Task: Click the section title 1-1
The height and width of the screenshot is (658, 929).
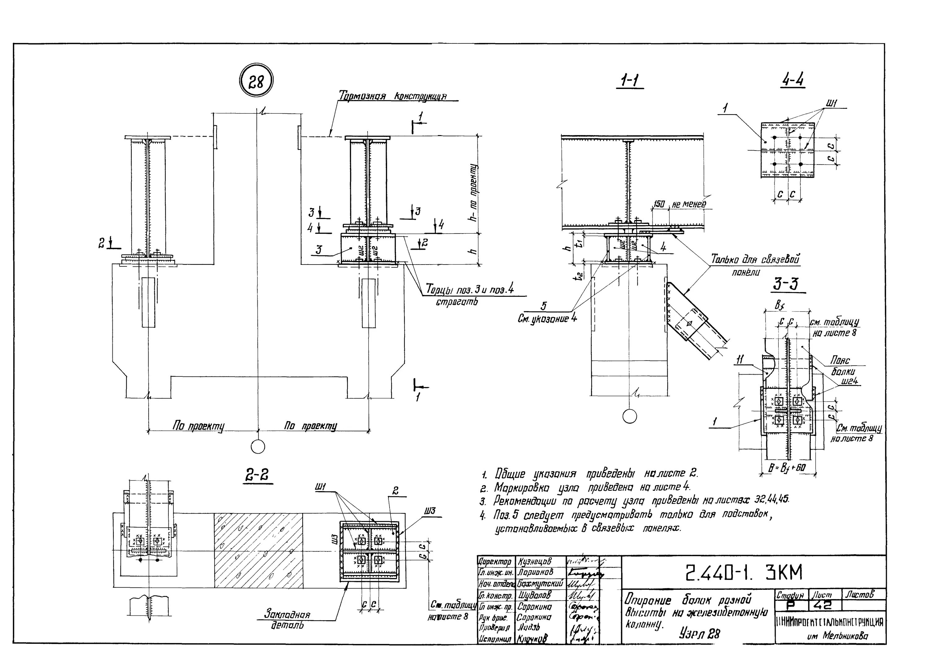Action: pyautogui.click(x=630, y=81)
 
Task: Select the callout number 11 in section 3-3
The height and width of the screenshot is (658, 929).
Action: pyautogui.click(x=739, y=359)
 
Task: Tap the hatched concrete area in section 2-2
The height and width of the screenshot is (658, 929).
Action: pyautogui.click(x=258, y=550)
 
